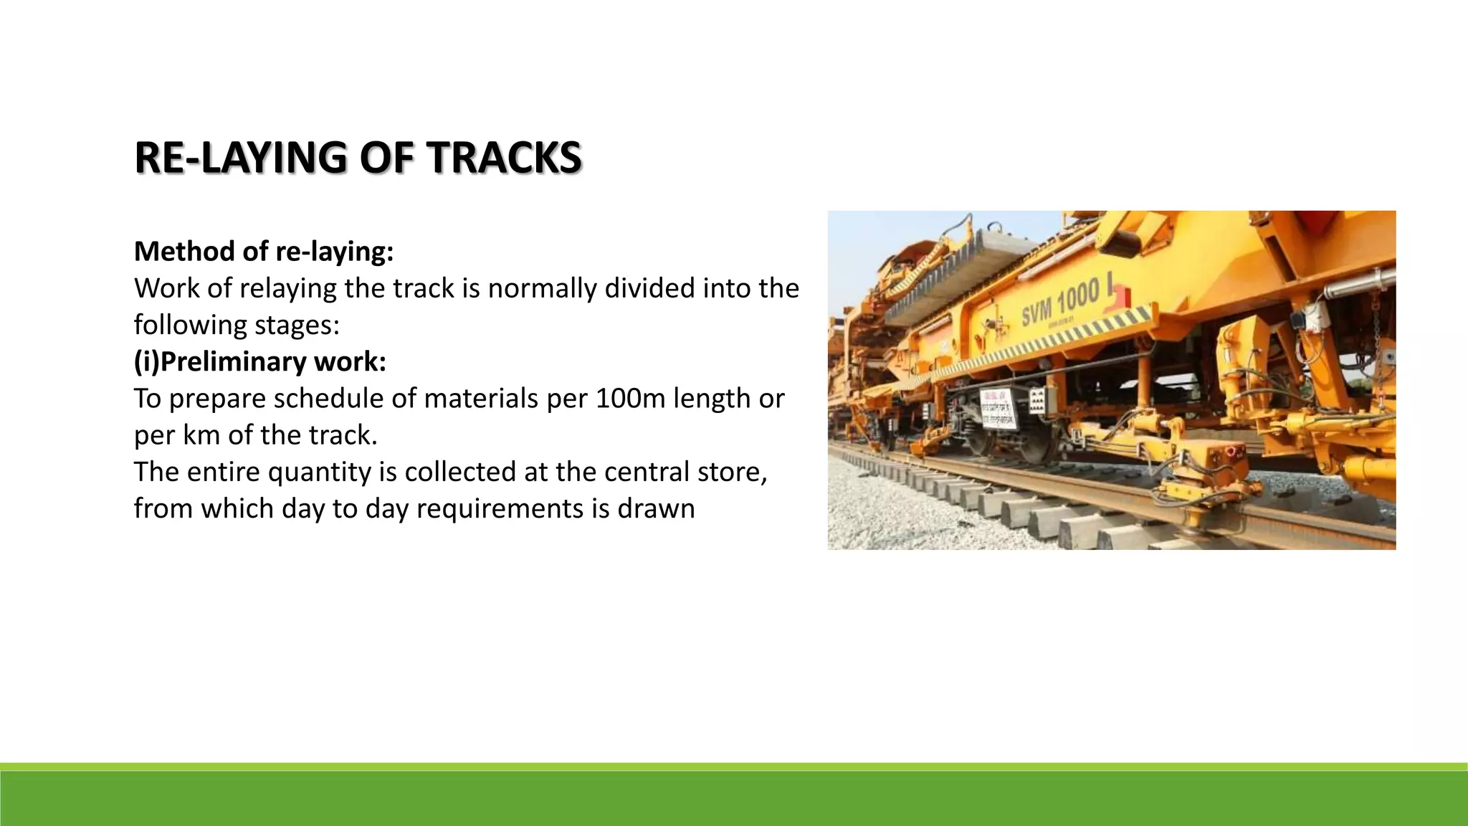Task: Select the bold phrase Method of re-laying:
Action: point(264,252)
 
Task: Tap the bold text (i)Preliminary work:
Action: point(260,361)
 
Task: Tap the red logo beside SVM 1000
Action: point(1117,295)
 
